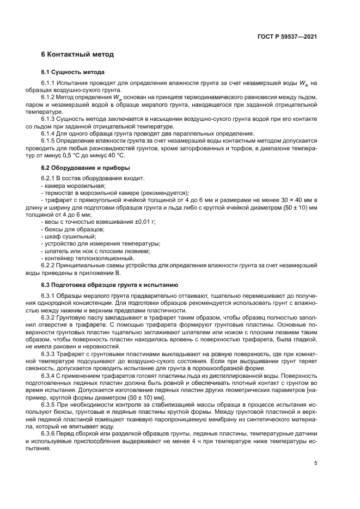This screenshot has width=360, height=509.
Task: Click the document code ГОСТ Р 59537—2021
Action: click(x=287, y=36)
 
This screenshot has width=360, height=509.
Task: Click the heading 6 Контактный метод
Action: click(x=77, y=55)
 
